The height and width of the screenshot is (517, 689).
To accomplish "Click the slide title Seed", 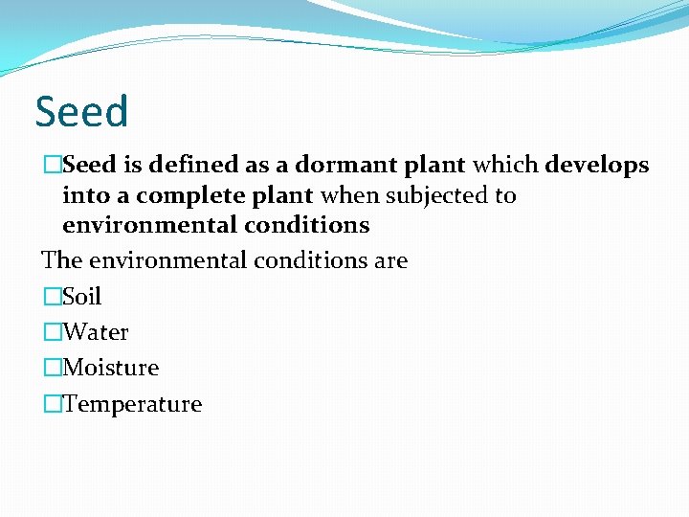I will (81, 112).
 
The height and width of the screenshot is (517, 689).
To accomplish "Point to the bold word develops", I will (597, 166).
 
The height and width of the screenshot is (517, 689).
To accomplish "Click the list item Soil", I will (81, 297).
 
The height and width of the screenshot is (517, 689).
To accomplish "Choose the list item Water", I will (95, 332).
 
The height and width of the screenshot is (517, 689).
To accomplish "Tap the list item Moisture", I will (110, 368).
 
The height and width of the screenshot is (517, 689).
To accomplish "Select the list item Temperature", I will (132, 404).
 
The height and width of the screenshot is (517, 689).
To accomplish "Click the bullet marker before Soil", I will (52, 297).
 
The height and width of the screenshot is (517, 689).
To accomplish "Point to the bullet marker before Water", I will (52, 332).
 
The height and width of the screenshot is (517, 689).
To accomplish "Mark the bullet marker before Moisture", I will (52, 368).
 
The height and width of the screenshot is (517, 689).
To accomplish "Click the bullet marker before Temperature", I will (52, 404).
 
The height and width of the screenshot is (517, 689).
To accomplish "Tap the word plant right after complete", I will (285, 196).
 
